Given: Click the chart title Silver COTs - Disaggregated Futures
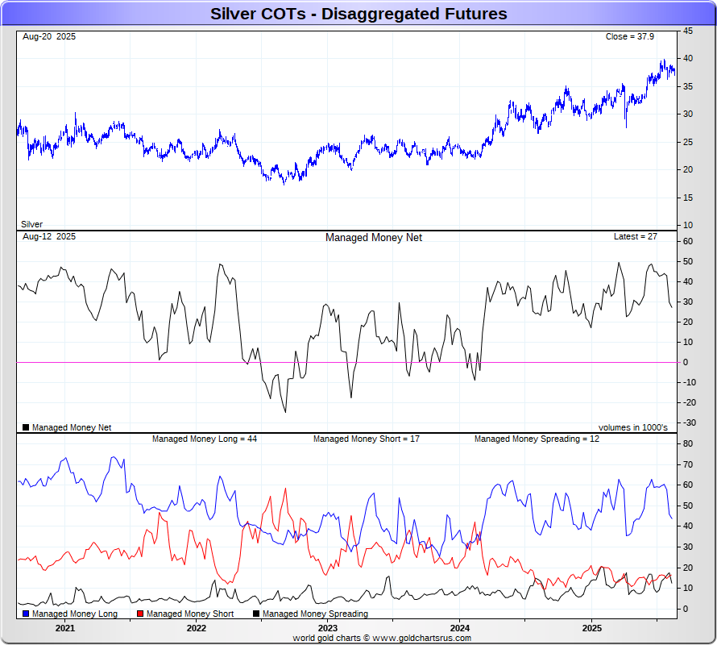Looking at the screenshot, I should tap(358, 14).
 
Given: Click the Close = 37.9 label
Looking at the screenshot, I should tap(631, 37).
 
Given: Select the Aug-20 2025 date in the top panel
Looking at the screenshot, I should tap(49, 37).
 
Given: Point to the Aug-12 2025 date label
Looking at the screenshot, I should tap(49, 237).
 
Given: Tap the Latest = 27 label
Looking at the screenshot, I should tap(636, 237).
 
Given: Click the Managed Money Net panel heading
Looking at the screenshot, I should tap(373, 238).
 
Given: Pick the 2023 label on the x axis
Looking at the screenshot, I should tap(328, 628).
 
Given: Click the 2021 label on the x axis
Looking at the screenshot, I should tap(64, 628).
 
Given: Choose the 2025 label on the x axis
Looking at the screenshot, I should tap(591, 628).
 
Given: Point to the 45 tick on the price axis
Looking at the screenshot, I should tap(688, 31).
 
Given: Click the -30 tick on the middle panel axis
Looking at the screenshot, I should tap(690, 422).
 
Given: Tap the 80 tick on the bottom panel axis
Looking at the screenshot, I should tap(688, 443).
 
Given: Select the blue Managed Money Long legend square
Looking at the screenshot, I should tap(27, 614).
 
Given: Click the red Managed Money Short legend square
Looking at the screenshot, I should tap(140, 614).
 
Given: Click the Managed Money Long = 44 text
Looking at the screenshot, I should tap(205, 439).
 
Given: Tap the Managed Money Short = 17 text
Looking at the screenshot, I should tap(366, 439).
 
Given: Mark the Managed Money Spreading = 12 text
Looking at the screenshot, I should tap(537, 439).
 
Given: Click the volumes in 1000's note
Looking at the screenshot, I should tap(632, 427).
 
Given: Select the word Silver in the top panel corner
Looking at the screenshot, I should tap(31, 224).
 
